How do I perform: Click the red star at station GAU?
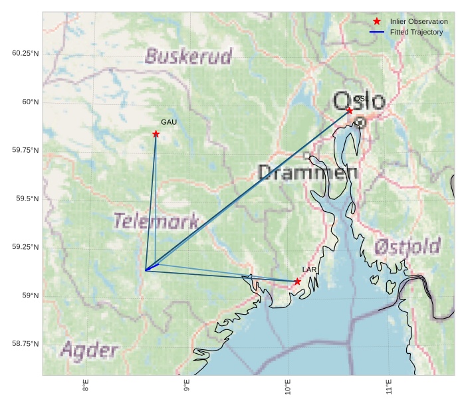pos(156,134)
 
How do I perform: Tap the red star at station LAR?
pos(297,282)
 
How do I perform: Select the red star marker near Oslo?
pos(350,110)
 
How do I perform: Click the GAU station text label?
pos(169,123)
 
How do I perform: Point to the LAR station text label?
pos(309,270)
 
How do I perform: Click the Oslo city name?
pos(359,102)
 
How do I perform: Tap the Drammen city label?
pos(307,173)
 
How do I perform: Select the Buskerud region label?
pos(189,56)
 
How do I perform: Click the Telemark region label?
pos(156,221)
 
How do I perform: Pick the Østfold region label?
pos(407,248)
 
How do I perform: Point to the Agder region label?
pos(90,351)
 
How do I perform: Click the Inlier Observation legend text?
pos(419,22)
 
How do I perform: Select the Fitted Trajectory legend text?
pos(416,32)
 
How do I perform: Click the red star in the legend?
pos(377,22)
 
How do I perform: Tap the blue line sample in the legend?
pos(377,32)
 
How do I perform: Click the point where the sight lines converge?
pos(146,270)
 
